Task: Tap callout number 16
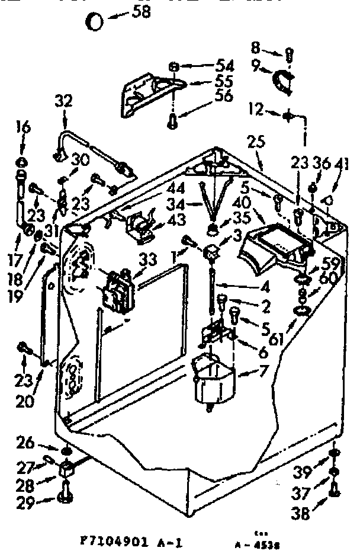click(23, 127)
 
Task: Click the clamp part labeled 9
click(282, 81)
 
